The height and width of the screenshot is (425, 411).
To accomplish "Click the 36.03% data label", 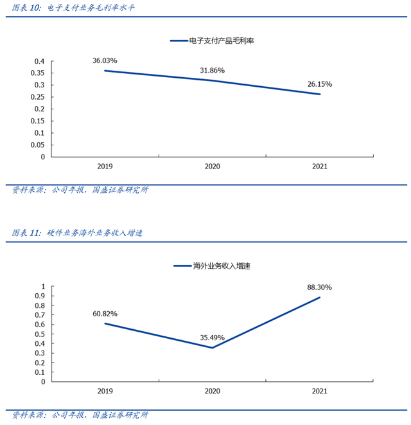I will point(105,60).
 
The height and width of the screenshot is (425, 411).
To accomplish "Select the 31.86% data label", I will point(212,70).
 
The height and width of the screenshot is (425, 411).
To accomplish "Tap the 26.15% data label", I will point(319,84).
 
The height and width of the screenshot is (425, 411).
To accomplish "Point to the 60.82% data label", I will point(105,313).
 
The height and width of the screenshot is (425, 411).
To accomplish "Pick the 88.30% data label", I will point(319,287).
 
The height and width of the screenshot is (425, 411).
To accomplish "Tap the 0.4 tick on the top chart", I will point(39,62).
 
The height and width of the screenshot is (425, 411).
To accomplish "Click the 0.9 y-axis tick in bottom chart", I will point(39,296).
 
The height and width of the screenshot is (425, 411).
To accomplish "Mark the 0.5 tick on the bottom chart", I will point(39,334).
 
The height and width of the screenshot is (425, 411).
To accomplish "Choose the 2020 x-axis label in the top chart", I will point(212,167).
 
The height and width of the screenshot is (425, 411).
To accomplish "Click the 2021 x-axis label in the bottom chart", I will point(319,391).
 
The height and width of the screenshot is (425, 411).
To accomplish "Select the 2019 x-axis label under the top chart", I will point(105,167).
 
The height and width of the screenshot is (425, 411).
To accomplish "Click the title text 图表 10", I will point(26,8).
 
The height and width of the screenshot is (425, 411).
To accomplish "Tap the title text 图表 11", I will point(26,233).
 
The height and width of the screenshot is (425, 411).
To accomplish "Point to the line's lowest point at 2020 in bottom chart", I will point(212,348).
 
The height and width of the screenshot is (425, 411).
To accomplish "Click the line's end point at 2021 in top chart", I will point(319,95).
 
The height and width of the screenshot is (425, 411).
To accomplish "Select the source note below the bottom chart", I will point(80,415).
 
